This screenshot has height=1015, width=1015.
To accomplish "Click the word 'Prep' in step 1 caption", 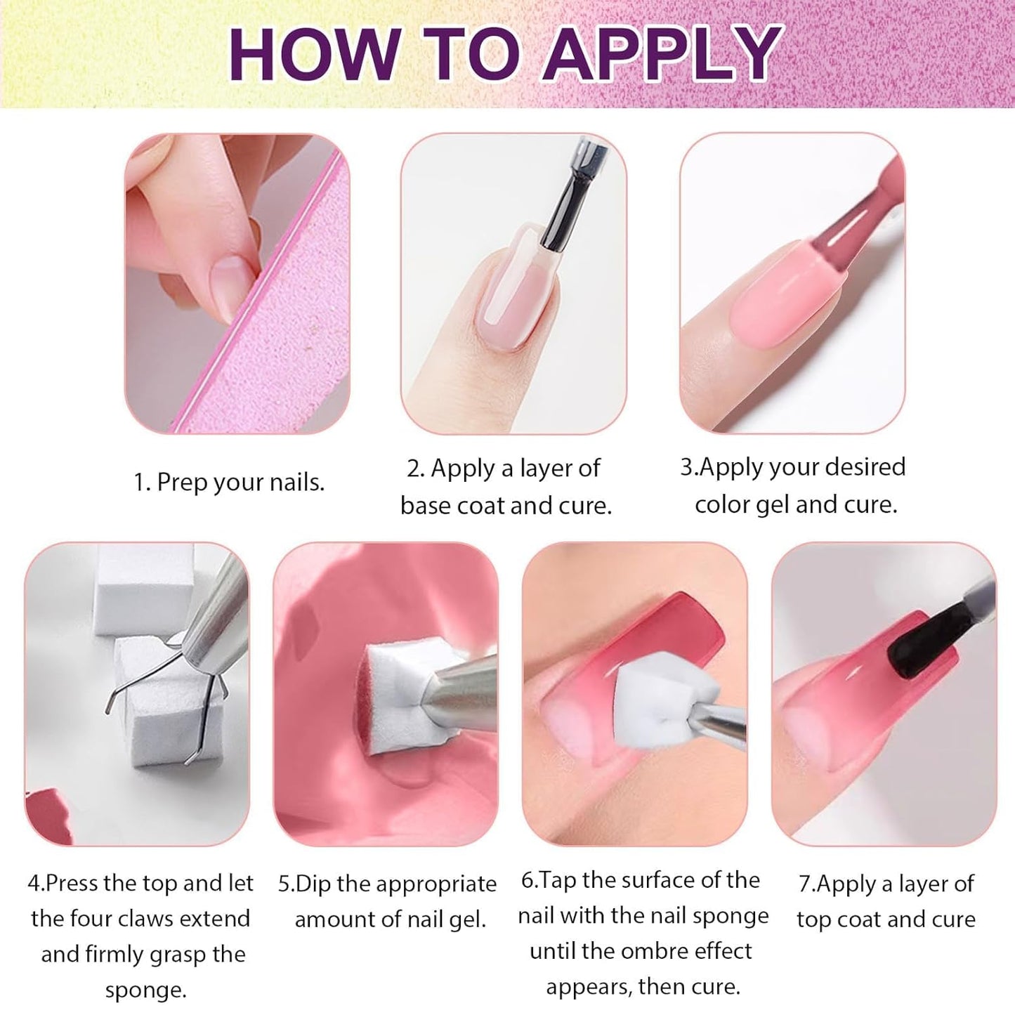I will pos(183,483).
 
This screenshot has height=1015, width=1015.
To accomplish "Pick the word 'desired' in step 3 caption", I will pos(863,467).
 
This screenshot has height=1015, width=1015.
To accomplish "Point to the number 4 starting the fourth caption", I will pos(34,884).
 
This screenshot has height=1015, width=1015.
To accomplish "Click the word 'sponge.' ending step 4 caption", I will pos(146,990).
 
